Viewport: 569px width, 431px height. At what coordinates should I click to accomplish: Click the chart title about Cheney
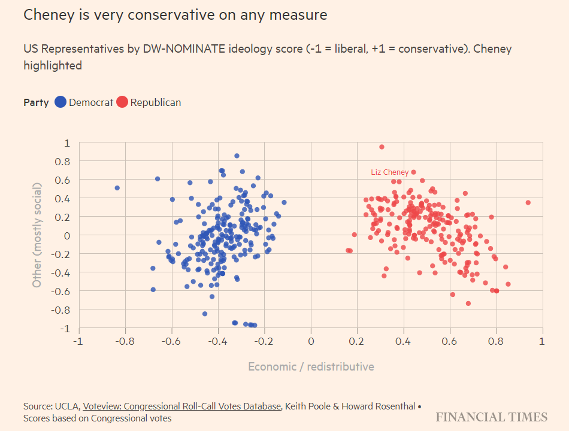pos(175,15)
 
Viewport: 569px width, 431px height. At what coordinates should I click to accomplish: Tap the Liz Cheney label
pos(389,172)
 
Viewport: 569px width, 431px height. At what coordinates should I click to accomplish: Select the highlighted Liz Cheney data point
pos(413,172)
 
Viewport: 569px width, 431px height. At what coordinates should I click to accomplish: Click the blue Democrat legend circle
pos(60,102)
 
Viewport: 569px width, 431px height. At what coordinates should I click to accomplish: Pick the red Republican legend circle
pos(122,102)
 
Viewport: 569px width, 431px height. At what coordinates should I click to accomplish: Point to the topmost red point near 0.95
pos(382,147)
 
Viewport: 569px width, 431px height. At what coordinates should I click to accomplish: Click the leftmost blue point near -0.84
pos(117,188)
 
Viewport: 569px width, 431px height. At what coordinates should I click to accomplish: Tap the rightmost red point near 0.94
pos(528,202)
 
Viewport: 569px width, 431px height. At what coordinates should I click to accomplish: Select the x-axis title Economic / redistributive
pos(311,366)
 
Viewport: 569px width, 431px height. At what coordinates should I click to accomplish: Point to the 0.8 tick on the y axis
pos(62,162)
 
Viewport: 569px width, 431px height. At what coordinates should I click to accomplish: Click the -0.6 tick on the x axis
pos(170,341)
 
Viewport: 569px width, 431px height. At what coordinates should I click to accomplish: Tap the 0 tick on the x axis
pos(310,341)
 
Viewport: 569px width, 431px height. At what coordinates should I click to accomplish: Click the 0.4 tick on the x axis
pos(403,341)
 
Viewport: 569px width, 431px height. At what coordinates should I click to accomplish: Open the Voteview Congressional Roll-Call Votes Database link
pos(182,406)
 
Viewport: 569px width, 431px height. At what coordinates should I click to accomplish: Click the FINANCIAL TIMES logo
pos(491,417)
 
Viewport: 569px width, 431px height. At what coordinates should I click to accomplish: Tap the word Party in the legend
pos(36,102)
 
